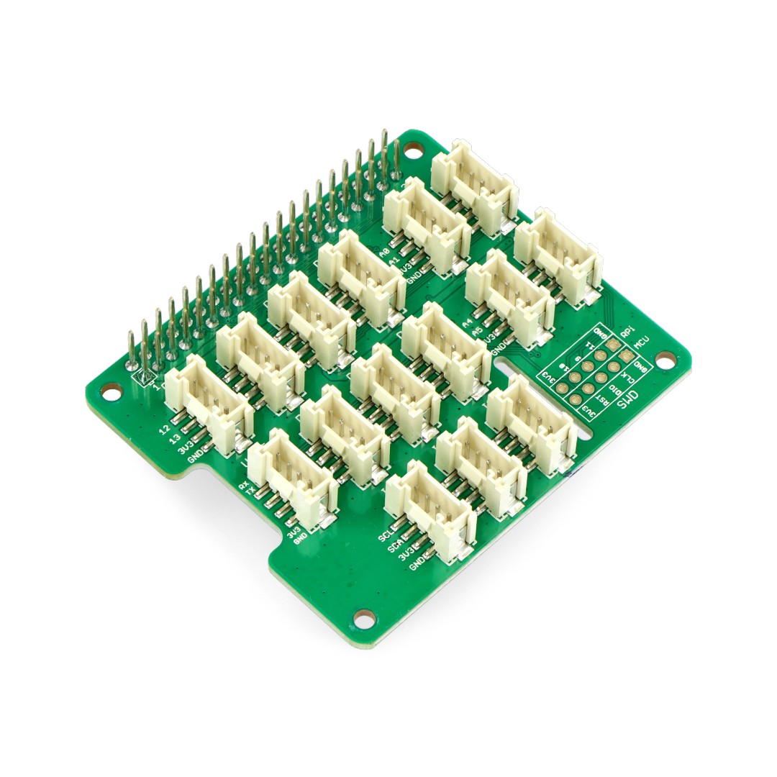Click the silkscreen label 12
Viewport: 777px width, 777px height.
tap(165, 430)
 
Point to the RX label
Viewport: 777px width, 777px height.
tap(244, 486)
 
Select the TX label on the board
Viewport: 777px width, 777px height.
tap(251, 494)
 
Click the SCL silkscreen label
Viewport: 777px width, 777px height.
tap(383, 537)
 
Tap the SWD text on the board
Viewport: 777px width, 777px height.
tap(629, 400)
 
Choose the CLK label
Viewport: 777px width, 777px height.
tap(627, 377)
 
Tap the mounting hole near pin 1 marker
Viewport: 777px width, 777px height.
tap(110, 391)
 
